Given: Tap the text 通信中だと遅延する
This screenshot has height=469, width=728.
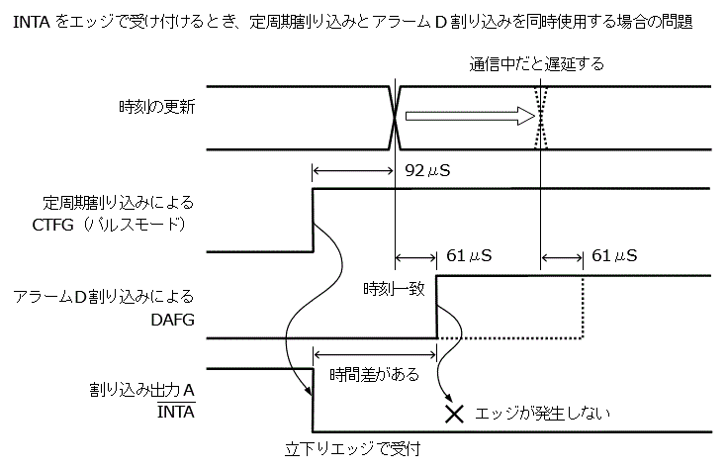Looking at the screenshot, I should (536, 64).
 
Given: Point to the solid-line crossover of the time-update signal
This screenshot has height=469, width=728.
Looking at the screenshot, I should (395, 117).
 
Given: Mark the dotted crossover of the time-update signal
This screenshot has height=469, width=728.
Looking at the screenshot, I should (540, 117).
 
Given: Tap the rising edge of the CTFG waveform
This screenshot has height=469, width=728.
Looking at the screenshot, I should (313, 220).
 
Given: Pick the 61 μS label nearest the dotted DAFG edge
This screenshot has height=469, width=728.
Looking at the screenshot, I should (614, 256).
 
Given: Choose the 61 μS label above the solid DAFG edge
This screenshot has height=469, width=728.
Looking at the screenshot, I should (470, 256).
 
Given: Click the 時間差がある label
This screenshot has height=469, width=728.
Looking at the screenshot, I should (375, 375).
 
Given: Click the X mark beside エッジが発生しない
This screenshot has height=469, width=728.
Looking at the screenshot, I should (454, 414).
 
